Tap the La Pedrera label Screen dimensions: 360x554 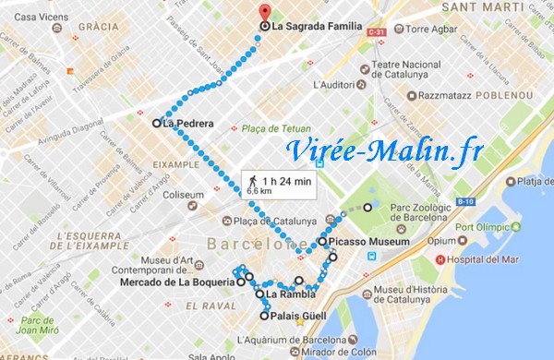187,122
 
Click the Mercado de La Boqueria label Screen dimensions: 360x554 175,282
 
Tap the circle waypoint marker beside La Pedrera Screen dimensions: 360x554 155,122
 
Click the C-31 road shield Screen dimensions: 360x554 375,33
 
